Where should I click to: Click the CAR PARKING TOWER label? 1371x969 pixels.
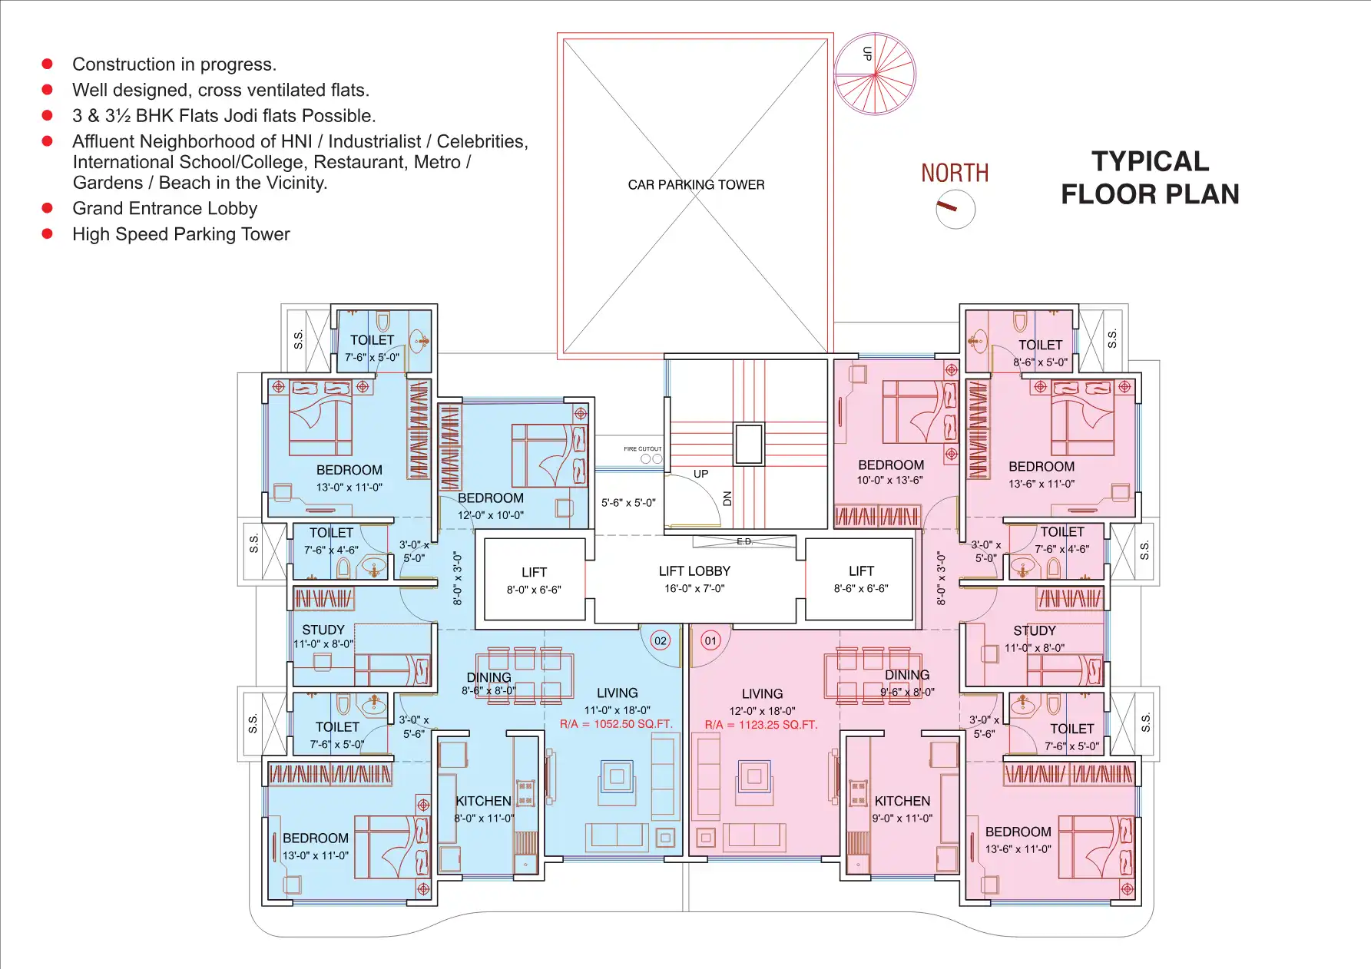tap(696, 184)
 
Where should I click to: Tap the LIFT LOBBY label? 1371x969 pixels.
tap(694, 571)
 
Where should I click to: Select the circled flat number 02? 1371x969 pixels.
tap(660, 640)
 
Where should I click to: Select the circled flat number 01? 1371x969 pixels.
tap(710, 640)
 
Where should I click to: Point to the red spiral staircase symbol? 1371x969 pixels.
tap(875, 74)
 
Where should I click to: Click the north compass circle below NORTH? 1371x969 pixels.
tap(955, 209)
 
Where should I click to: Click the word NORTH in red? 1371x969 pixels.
tap(955, 173)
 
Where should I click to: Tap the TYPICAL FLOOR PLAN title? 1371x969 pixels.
tap(1150, 177)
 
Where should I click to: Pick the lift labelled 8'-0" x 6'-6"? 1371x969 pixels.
tap(534, 580)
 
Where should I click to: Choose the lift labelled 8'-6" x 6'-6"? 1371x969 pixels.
tap(860, 579)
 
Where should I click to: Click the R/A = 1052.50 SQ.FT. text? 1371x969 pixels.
tap(616, 724)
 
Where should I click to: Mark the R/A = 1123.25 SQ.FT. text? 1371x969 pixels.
tap(761, 725)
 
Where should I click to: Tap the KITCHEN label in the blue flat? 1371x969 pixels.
tap(483, 801)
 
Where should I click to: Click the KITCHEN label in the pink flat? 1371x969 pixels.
tap(902, 801)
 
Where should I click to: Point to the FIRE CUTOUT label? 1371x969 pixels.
tap(642, 449)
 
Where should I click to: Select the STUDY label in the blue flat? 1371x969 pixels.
tap(323, 630)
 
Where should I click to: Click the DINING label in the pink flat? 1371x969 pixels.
tap(907, 675)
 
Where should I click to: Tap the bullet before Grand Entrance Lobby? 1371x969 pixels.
tap(47, 208)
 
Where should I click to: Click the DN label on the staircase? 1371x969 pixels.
tap(727, 498)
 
